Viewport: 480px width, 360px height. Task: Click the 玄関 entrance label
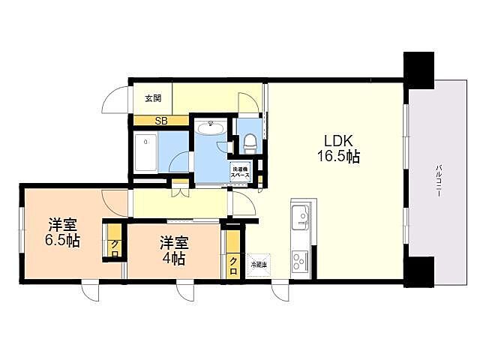tap(153, 97)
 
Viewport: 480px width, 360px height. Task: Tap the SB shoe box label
tap(160, 120)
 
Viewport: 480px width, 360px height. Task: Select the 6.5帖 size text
tap(64, 241)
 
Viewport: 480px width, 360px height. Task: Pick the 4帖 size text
tap(174, 259)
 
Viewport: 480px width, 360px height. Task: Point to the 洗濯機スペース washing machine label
tap(240, 170)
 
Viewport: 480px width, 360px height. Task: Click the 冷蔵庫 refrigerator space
tap(257, 265)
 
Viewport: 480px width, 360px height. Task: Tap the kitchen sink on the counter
tap(301, 217)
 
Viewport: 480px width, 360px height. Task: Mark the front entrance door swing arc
tap(115, 100)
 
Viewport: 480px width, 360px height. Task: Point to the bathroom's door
tap(178, 162)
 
